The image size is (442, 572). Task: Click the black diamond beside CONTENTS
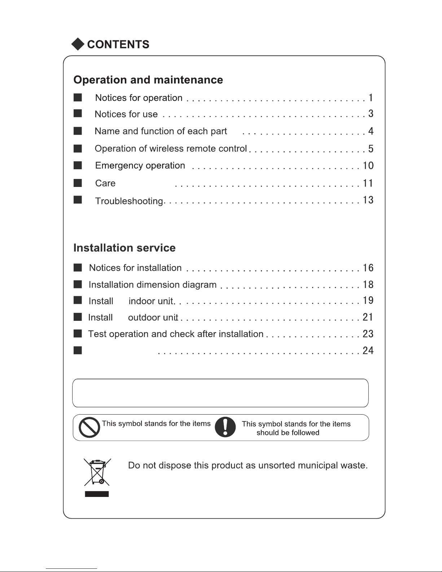78,44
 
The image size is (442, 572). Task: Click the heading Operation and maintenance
148,80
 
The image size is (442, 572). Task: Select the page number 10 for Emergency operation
368,166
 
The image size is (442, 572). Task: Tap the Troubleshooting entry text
129,201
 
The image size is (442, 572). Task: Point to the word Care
105,183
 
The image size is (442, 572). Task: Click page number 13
368,200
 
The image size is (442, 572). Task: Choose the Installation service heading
124,248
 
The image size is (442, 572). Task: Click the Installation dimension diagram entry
152,285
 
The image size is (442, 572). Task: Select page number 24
368,350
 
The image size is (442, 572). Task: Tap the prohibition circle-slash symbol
89,427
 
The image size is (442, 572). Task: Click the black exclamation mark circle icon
225,427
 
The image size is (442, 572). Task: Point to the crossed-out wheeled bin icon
97,472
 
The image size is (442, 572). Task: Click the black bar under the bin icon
97,494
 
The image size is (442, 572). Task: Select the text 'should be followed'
288,433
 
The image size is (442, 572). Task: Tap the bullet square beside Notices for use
78,114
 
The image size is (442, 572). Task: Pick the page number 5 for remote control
371,149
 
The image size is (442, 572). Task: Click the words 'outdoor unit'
153,318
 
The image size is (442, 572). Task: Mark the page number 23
368,334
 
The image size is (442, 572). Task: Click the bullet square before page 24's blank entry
78,350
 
